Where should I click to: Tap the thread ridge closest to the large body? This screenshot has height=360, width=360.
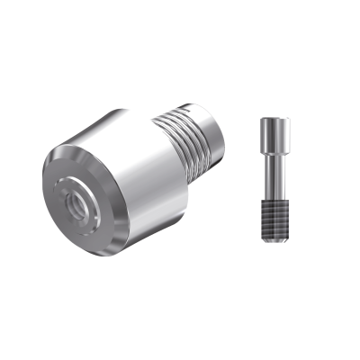176,144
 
